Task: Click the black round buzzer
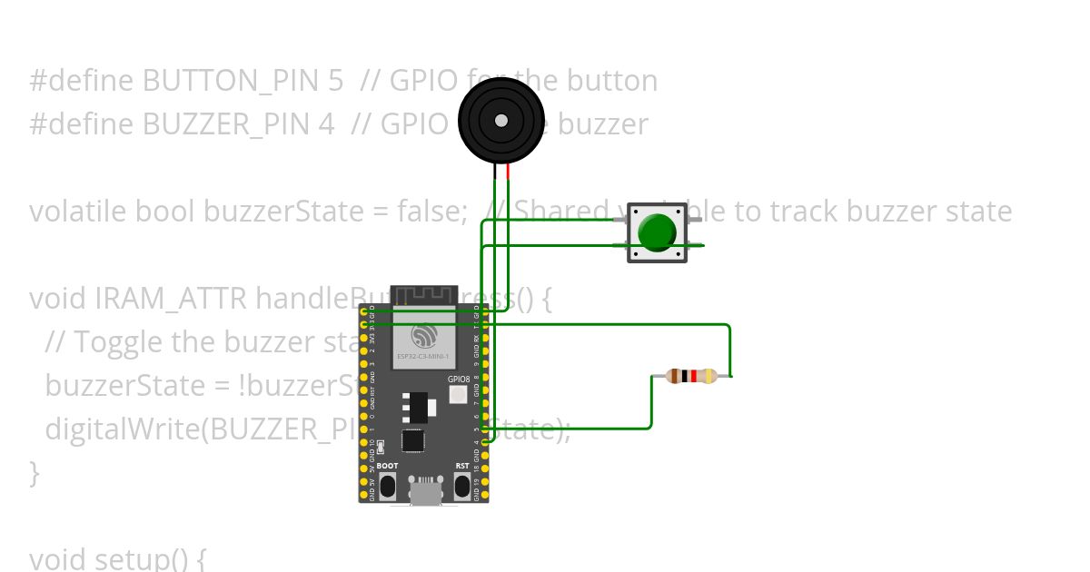[500, 120]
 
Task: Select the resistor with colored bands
[692, 376]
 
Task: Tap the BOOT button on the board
[387, 486]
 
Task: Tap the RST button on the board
[462, 486]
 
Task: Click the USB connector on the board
[424, 493]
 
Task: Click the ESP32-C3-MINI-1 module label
[422, 357]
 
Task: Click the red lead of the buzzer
[508, 173]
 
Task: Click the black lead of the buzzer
[495, 173]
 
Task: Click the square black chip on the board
[412, 441]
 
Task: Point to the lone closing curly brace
[35, 472]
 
